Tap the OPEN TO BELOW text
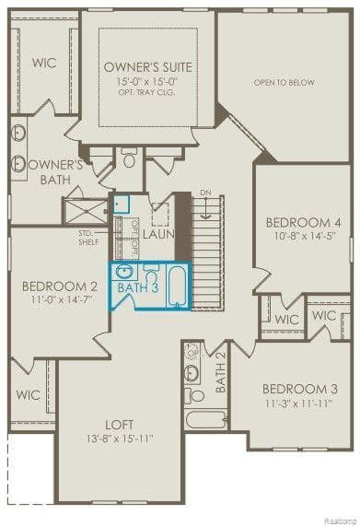click(x=285, y=83)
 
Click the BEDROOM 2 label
click(x=60, y=286)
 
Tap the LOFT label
click(x=120, y=425)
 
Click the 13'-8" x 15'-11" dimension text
click(x=120, y=438)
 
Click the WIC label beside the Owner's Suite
click(x=44, y=63)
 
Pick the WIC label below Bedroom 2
click(x=28, y=394)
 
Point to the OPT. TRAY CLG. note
click(x=146, y=91)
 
